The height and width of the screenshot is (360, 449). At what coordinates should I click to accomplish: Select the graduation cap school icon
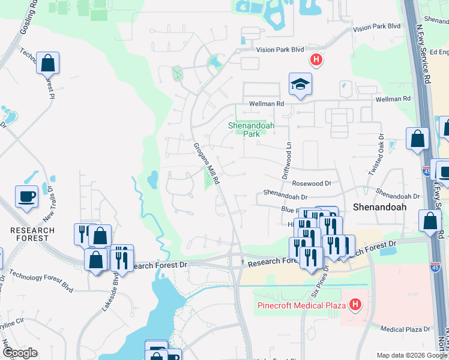[x=300, y=84]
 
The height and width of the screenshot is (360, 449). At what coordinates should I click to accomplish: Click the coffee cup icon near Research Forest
[x=27, y=196]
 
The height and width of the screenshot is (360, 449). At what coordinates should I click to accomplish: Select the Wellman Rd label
[x=264, y=104]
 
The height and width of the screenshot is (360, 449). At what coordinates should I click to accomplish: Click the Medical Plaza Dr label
[x=406, y=329]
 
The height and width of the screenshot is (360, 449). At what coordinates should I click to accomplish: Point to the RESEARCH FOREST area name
[x=32, y=234]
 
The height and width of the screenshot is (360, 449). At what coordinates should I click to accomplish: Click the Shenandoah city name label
[x=379, y=206]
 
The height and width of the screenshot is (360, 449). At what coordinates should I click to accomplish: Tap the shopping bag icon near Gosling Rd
[x=47, y=62]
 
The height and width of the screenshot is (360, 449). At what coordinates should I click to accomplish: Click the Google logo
[x=20, y=353]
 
